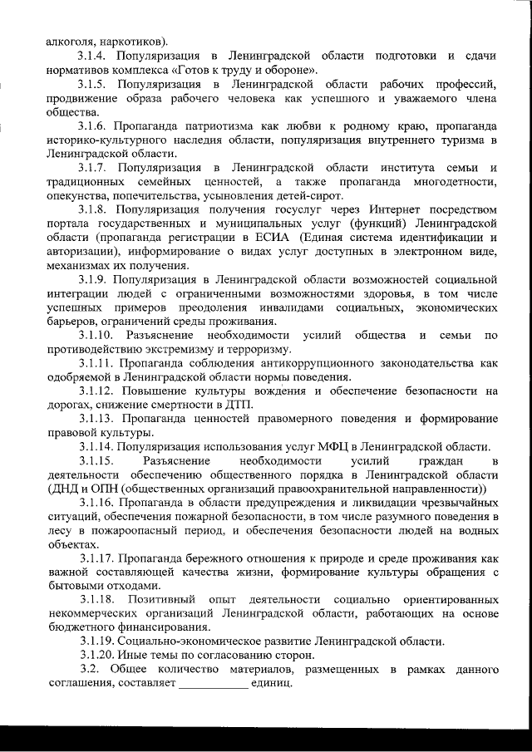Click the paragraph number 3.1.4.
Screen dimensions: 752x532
[x=92, y=56]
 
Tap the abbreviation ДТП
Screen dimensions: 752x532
[x=239, y=405]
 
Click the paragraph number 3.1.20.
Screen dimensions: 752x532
[x=96, y=656]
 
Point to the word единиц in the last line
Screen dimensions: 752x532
[x=273, y=684]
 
